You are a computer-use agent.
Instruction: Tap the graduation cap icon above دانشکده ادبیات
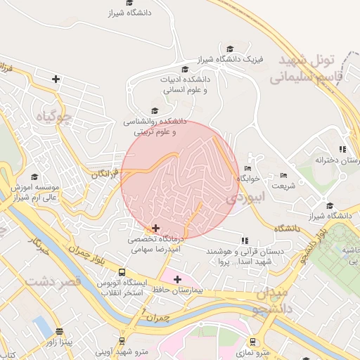tap(185, 69)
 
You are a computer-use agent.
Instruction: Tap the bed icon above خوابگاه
tap(247, 168)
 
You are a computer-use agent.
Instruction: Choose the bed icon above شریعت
tap(283, 175)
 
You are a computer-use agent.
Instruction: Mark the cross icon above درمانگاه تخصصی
tap(155, 228)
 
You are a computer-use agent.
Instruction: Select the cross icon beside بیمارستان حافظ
tap(178, 279)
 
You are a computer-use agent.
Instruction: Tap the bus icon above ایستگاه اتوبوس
tap(122, 272)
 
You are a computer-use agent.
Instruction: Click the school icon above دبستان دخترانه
tap(342, 149)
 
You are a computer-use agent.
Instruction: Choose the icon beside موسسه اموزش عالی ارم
tap(14, 188)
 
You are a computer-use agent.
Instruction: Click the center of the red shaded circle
tap(179, 179)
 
